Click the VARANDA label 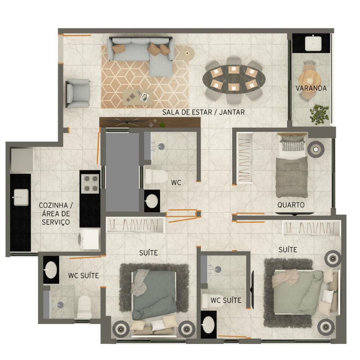point(311,88)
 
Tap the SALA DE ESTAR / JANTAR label point(203,112)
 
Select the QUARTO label point(291,205)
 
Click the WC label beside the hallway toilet point(176,183)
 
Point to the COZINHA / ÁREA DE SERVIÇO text point(56,214)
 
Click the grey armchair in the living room point(78,93)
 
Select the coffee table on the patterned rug point(138,97)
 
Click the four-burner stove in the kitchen point(90,183)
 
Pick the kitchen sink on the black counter point(21,197)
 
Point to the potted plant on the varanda point(319,114)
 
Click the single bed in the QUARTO point(292,165)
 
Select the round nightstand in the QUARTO point(316,150)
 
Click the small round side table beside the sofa point(187,53)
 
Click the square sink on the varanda point(313,43)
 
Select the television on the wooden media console point(127,122)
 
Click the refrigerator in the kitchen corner point(22,160)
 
